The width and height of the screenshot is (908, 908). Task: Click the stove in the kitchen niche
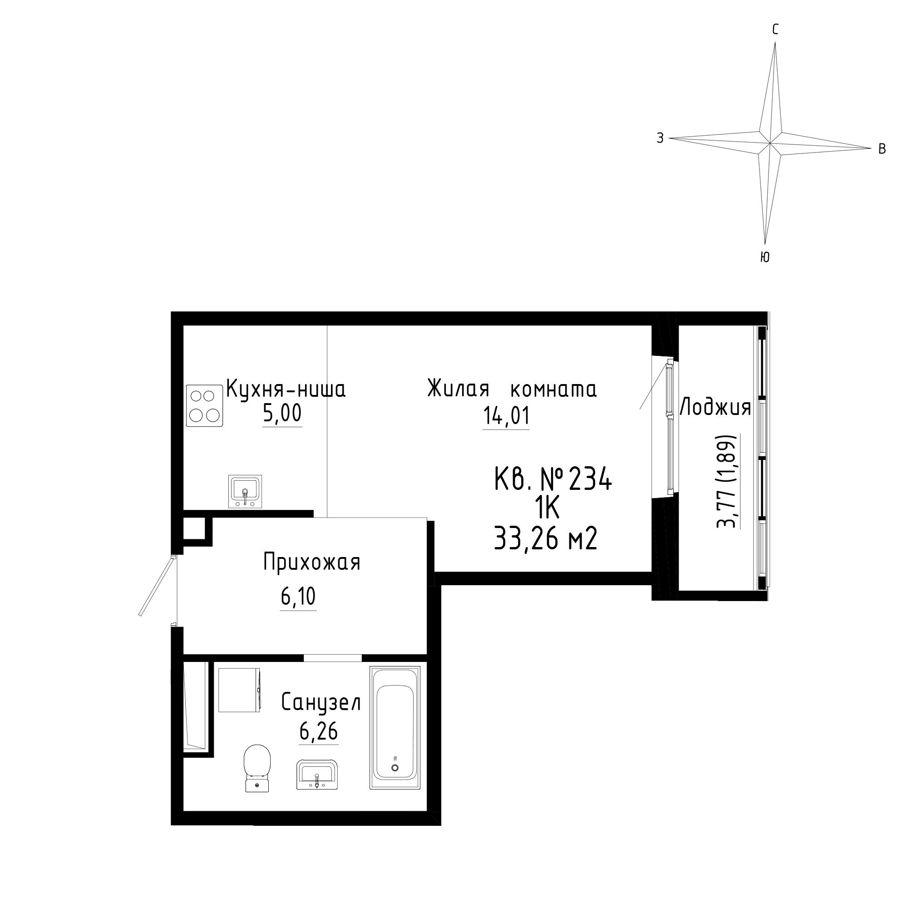pos(204,405)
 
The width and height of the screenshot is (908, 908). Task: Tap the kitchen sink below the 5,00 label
pos(245,491)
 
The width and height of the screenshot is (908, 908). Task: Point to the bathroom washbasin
pos(317,775)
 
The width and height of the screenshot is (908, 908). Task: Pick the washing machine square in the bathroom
pos(240,690)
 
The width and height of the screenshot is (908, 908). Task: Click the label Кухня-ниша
pos(286,389)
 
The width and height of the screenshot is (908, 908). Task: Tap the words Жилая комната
pos(512,390)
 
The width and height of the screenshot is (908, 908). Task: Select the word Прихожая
pos(311,563)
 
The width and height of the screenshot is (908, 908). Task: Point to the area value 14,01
pos(506,416)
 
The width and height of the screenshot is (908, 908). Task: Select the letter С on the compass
pos(775,30)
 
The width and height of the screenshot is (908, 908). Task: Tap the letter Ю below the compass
pos(765,257)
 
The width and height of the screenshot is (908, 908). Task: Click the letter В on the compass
pos(882,149)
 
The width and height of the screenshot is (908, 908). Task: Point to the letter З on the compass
pos(660,138)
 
